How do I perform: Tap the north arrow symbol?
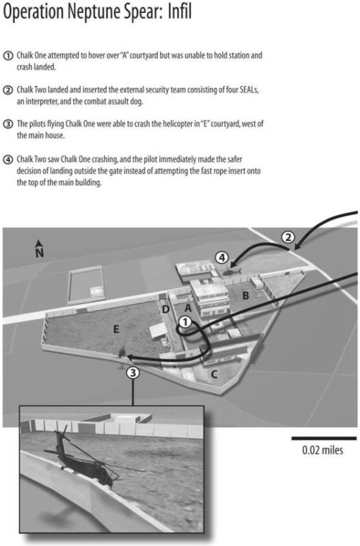tap(40, 248)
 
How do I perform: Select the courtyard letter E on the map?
tap(116, 329)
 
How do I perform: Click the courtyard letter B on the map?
tap(246, 296)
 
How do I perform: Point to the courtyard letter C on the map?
tap(214, 374)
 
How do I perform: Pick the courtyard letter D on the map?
tap(166, 309)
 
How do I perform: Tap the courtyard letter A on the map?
tap(188, 308)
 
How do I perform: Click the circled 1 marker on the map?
tap(185, 321)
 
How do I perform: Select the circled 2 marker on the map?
tap(288, 238)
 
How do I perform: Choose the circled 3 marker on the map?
tap(133, 373)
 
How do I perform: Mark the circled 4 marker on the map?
tap(221, 258)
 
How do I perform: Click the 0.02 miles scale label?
tap(322, 450)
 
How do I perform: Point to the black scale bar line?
tap(324, 438)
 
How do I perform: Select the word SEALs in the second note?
tap(249, 89)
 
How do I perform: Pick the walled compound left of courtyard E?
tap(87, 285)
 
